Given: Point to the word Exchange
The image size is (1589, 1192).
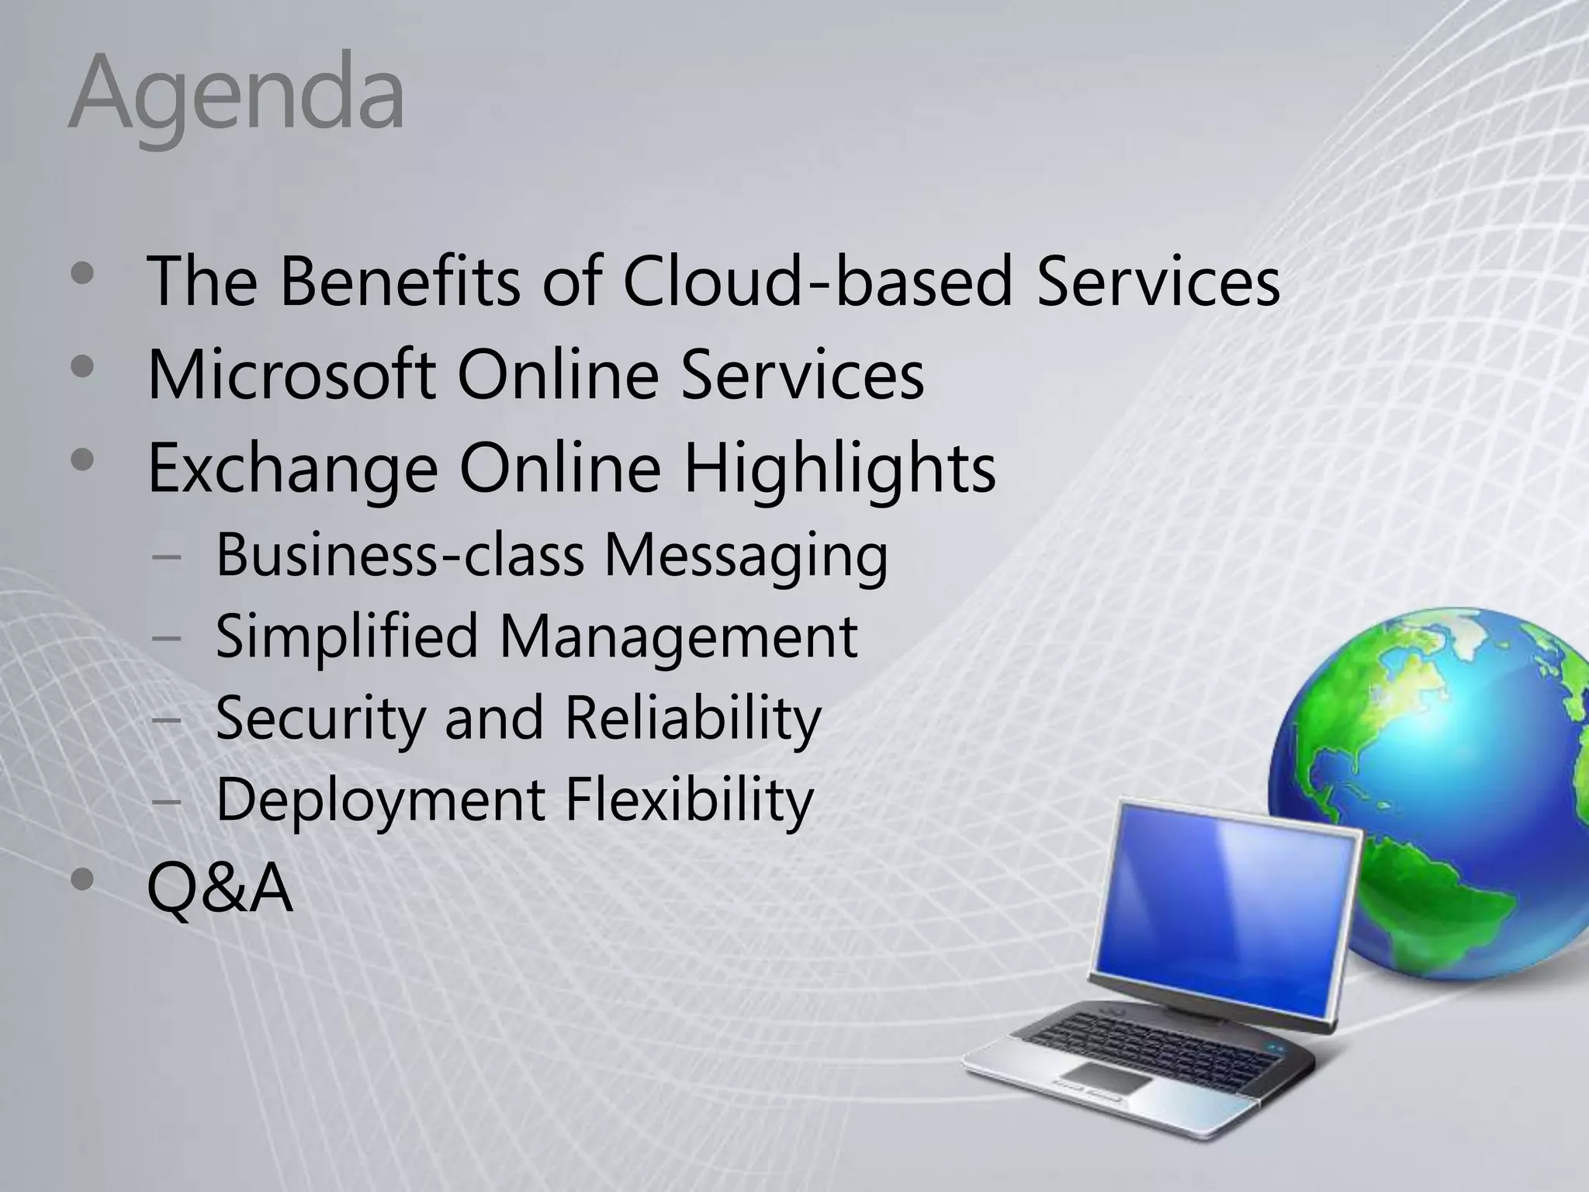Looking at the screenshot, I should click(x=293, y=469).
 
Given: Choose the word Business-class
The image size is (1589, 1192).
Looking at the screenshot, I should click(x=400, y=555).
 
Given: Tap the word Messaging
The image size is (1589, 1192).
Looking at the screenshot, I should click(x=746, y=556).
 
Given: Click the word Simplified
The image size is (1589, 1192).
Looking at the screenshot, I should click(x=346, y=636).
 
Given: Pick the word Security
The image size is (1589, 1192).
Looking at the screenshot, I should click(x=320, y=719).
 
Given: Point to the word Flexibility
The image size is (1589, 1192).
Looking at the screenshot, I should click(x=689, y=799).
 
